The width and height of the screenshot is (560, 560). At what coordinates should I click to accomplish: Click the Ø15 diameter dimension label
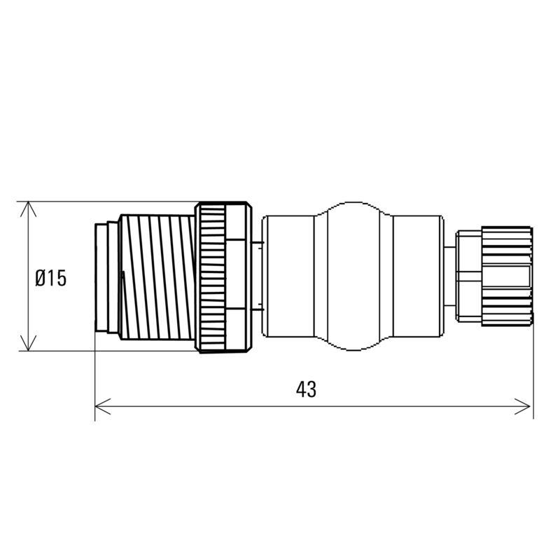(51, 278)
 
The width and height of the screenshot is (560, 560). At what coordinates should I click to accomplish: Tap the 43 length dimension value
(306, 390)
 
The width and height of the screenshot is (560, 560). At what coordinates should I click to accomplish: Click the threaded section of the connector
(157, 277)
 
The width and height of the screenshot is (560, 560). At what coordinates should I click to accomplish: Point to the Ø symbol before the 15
(41, 278)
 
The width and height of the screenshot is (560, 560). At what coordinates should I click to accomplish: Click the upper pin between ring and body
(258, 244)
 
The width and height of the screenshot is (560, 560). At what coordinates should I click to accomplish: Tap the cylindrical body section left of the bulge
(287, 277)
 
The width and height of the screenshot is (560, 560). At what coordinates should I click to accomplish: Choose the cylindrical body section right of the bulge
(416, 277)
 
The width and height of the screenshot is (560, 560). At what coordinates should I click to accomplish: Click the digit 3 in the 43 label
(311, 390)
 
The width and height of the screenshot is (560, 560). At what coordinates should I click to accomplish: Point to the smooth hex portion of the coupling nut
(239, 277)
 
